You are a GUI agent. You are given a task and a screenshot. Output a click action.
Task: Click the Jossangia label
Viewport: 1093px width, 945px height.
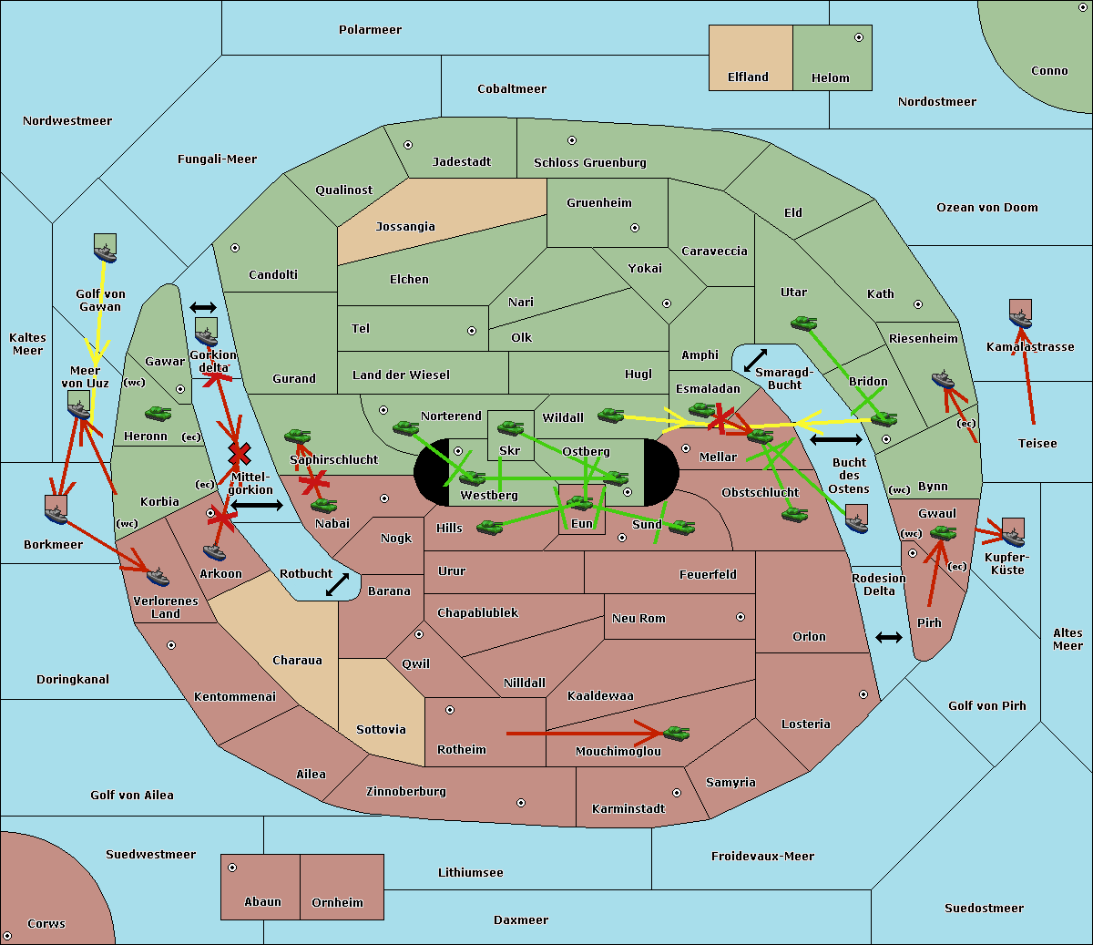point(405,227)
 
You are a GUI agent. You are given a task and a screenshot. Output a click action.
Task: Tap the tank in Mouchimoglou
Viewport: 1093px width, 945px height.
point(677,734)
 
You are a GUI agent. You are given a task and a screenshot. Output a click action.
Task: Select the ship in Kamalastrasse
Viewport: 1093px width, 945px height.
point(1020,313)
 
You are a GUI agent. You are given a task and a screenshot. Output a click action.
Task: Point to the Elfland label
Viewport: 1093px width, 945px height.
point(748,77)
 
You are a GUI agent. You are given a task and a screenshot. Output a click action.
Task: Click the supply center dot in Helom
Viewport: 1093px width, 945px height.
point(859,37)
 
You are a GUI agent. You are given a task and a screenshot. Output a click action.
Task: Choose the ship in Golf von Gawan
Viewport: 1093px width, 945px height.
point(105,248)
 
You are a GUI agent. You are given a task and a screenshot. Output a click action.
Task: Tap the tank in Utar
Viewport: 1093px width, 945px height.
point(803,323)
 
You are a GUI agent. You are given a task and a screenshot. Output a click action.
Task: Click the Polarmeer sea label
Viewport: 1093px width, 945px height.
point(370,30)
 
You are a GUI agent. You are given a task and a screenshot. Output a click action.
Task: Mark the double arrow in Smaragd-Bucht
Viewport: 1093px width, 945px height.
point(755,360)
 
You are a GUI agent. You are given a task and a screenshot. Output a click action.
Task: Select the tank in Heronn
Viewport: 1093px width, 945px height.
point(158,413)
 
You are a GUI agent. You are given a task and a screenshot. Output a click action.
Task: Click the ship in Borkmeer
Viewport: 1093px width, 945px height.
point(56,509)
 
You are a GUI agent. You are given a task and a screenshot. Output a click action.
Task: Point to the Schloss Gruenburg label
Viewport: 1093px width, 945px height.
point(589,162)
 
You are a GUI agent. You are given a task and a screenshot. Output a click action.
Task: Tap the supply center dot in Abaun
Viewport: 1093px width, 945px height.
point(232,868)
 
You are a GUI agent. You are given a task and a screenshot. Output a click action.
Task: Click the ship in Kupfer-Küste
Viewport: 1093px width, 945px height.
point(1013,532)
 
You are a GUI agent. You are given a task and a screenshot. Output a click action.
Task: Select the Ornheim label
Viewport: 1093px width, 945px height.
point(337,902)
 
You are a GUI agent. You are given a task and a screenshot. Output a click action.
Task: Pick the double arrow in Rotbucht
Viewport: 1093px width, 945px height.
point(337,584)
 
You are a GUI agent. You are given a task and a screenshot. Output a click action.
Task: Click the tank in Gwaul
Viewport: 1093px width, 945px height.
point(943,533)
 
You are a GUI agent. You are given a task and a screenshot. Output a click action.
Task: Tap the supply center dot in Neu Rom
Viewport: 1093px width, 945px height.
point(741,617)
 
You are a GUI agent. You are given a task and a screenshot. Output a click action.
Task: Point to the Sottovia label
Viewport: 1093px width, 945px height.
point(381,729)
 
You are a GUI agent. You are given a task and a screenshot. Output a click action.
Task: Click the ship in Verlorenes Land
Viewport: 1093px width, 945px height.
point(158,577)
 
